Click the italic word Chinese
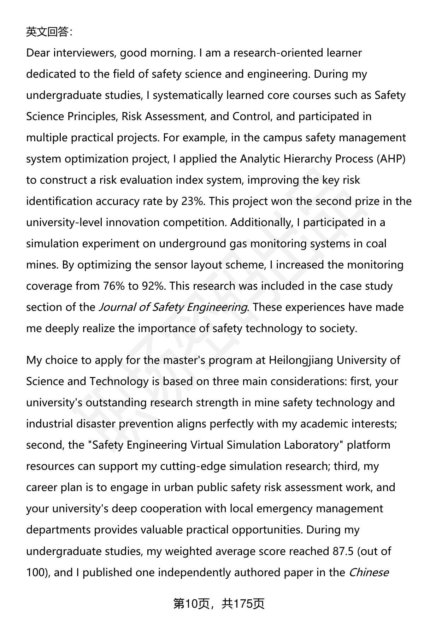click(x=369, y=572)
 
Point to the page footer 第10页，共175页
click(x=219, y=604)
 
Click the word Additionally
click(x=265, y=223)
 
